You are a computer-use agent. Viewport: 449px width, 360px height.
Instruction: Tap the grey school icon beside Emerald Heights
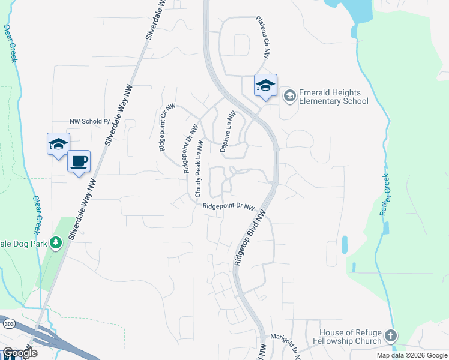pyautogui.click(x=289, y=96)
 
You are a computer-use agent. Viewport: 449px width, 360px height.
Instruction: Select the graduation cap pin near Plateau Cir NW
pyautogui.click(x=265, y=86)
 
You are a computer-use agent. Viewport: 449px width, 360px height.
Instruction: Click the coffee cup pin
pyautogui.click(x=79, y=161)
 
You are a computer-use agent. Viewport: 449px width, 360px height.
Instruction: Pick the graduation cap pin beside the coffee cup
pyautogui.click(x=58, y=145)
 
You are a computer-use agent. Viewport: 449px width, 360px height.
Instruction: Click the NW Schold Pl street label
pyautogui.click(x=90, y=121)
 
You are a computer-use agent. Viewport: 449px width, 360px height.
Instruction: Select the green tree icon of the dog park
pyautogui.click(x=56, y=242)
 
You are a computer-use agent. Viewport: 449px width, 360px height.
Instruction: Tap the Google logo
pyautogui.click(x=19, y=353)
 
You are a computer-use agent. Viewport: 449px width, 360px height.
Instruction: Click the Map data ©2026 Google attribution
pyautogui.click(x=412, y=355)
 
